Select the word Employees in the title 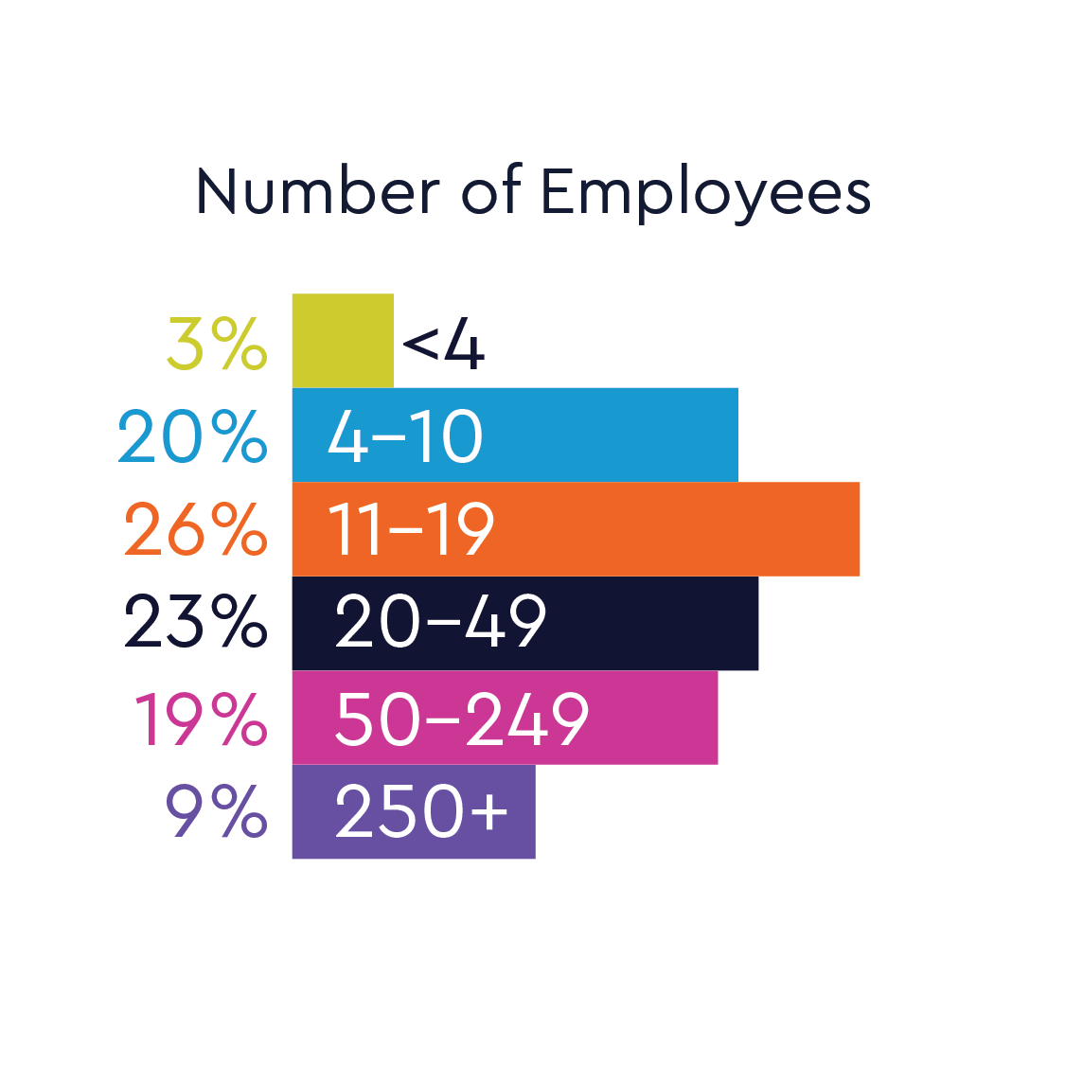(705, 194)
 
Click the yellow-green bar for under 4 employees (343, 341)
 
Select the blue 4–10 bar (606, 435)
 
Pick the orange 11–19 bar (672, 528)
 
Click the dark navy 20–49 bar (653, 623)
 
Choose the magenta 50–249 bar (653, 717)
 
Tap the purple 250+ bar (521, 811)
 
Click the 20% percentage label (192, 437)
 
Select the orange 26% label (196, 529)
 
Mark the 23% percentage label (196, 622)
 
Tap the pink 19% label (201, 719)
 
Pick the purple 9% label (217, 812)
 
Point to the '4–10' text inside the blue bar (405, 437)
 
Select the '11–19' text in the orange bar (411, 529)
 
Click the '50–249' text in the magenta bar (462, 719)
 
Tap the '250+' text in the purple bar (421, 811)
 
